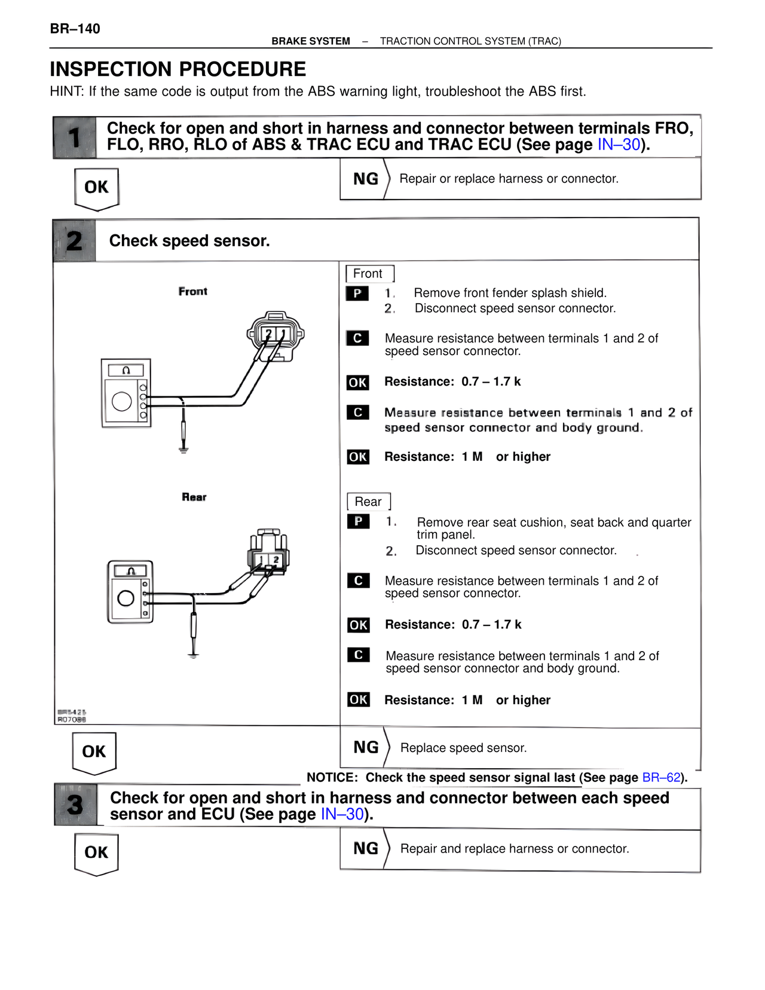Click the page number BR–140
pyautogui.click(x=75, y=29)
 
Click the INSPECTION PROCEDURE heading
pyautogui.click(x=178, y=69)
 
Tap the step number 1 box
pyautogui.click(x=74, y=137)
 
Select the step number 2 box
pyautogui.click(x=74, y=240)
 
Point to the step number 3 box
pyautogui.click(x=75, y=805)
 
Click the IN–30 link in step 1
pyautogui.click(x=619, y=145)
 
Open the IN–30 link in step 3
pyautogui.click(x=342, y=814)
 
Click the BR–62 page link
pyautogui.click(x=661, y=777)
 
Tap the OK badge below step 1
pyautogui.click(x=96, y=188)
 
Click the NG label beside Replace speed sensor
pyautogui.click(x=366, y=747)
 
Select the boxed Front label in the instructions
pyautogui.click(x=368, y=274)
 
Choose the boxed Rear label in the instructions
pyautogui.click(x=368, y=502)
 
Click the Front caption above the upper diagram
pyautogui.click(x=192, y=291)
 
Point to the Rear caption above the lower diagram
pyautogui.click(x=194, y=497)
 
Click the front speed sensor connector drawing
pyautogui.click(x=276, y=335)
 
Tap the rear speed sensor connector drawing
pyautogui.click(x=268, y=552)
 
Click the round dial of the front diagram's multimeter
pyautogui.click(x=122, y=401)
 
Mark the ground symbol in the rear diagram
pyautogui.click(x=193, y=655)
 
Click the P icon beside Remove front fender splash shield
pyautogui.click(x=357, y=294)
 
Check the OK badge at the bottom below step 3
pyautogui.click(x=96, y=852)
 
